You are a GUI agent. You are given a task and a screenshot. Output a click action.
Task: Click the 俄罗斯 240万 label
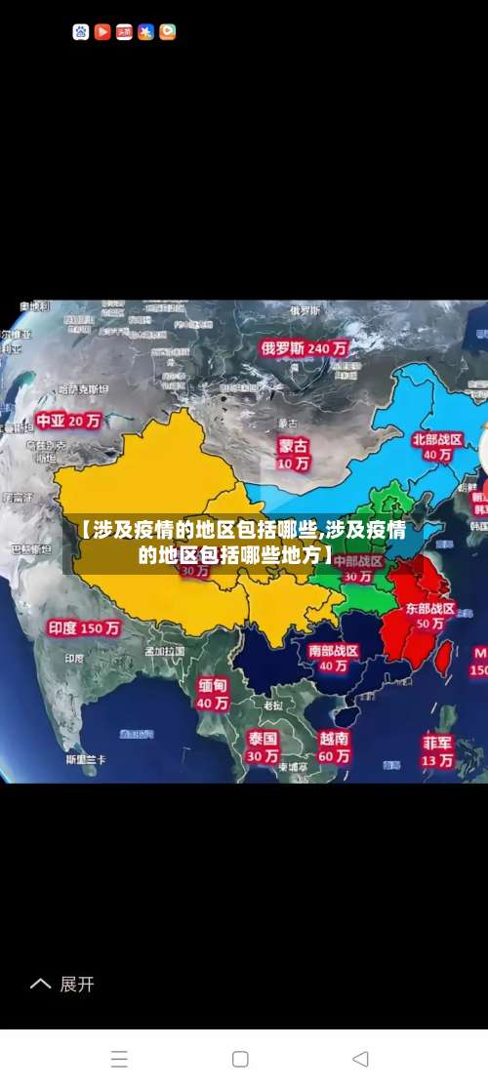point(303,347)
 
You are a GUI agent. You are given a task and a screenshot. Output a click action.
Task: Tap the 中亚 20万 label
point(68,422)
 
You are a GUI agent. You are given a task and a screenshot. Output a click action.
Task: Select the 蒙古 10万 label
point(293,454)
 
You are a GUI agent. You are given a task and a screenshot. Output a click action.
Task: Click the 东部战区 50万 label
point(430,615)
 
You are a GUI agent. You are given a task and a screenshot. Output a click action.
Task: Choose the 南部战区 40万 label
point(333,658)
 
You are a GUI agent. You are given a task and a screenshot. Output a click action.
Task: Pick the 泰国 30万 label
point(262,746)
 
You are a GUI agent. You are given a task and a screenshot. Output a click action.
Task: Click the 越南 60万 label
point(334,746)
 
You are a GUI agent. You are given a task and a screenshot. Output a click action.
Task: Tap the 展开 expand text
point(77,984)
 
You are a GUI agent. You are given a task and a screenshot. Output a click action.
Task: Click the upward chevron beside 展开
point(40,984)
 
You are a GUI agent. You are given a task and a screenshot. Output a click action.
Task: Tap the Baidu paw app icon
point(81,32)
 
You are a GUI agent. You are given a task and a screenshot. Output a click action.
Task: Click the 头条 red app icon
point(124,32)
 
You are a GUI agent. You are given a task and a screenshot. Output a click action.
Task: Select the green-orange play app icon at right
point(167,32)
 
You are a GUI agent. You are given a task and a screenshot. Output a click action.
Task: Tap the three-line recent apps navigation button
point(119,1059)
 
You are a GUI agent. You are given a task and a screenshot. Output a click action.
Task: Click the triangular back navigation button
point(360,1059)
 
